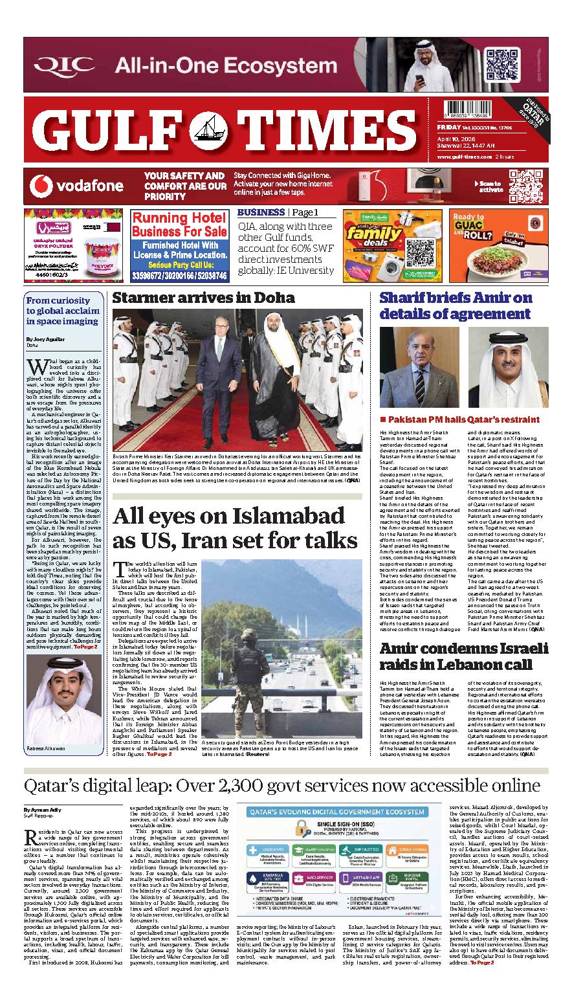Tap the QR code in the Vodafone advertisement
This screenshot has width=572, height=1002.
(525, 186)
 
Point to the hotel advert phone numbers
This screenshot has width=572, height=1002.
(179, 275)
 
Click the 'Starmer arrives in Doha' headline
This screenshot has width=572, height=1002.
(203, 298)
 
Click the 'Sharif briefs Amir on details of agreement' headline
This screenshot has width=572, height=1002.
(456, 306)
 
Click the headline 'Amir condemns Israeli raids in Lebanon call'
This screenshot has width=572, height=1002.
(463, 656)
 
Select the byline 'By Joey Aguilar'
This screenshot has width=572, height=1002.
(46, 339)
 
